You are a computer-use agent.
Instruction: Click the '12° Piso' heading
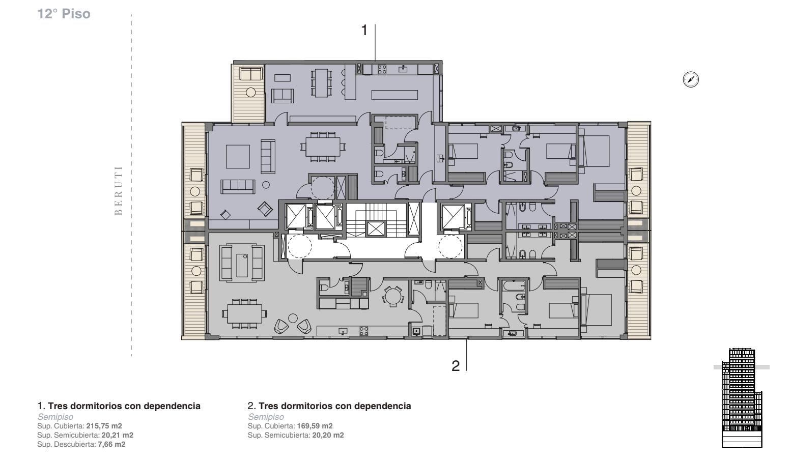(64, 14)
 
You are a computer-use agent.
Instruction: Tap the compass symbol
(691, 79)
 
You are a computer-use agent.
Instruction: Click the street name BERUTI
(119, 190)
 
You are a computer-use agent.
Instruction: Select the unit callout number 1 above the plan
(364, 31)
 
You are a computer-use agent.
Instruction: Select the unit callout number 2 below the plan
(456, 366)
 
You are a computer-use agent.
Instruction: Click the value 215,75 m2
(104, 426)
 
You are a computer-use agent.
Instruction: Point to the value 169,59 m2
(315, 426)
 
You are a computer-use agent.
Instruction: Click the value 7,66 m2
(111, 444)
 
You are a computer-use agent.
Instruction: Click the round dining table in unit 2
(392, 296)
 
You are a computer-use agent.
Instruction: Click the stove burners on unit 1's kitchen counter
(382, 69)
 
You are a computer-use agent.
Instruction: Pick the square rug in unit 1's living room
(238, 157)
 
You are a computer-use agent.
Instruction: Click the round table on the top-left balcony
(251, 92)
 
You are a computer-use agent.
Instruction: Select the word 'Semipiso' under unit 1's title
(55, 417)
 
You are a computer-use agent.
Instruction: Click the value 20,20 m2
(328, 435)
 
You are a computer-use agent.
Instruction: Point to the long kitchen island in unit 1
(394, 95)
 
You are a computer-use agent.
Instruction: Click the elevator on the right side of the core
(453, 216)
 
